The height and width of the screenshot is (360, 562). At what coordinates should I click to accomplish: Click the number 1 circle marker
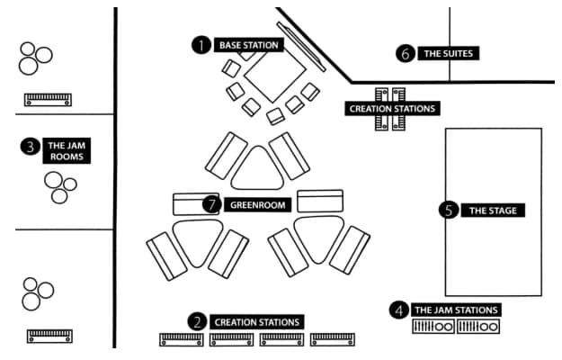pyautogui.click(x=201, y=44)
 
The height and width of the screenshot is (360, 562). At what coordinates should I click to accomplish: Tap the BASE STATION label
pyautogui.click(x=249, y=44)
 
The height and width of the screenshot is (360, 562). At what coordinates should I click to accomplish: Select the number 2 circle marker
pyautogui.click(x=197, y=321)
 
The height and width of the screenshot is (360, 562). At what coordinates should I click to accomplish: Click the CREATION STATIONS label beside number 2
pyautogui.click(x=256, y=321)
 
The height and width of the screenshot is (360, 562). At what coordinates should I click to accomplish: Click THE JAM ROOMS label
pyautogui.click(x=68, y=150)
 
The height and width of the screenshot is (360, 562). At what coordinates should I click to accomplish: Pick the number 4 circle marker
pyautogui.click(x=399, y=310)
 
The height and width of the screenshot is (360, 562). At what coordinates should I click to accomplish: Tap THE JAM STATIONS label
pyautogui.click(x=456, y=310)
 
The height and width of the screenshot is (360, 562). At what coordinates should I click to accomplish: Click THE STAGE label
pyautogui.click(x=493, y=211)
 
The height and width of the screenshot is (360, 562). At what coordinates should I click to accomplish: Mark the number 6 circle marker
pyautogui.click(x=405, y=53)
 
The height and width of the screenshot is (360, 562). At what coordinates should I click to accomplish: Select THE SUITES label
pyautogui.click(x=448, y=53)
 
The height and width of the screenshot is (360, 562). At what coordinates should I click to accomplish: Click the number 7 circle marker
pyautogui.click(x=212, y=204)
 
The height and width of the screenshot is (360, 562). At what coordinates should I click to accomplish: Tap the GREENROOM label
pyautogui.click(x=258, y=204)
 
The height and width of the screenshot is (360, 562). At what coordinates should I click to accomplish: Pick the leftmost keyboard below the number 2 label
pyautogui.click(x=182, y=340)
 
